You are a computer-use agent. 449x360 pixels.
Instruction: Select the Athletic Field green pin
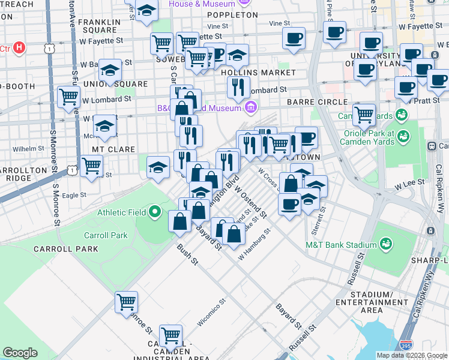coord(155,211)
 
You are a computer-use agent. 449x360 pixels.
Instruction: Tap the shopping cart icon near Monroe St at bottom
coord(127,302)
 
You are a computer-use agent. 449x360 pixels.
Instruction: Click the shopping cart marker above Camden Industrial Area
coord(170,335)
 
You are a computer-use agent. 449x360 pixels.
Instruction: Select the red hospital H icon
coord(19,47)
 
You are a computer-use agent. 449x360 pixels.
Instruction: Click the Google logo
coord(20,353)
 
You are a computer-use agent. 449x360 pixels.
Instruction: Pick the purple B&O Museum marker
coord(251,107)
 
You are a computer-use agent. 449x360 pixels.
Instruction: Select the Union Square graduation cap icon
coord(110,71)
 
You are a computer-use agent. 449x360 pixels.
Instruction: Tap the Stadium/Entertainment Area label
coord(372,302)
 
